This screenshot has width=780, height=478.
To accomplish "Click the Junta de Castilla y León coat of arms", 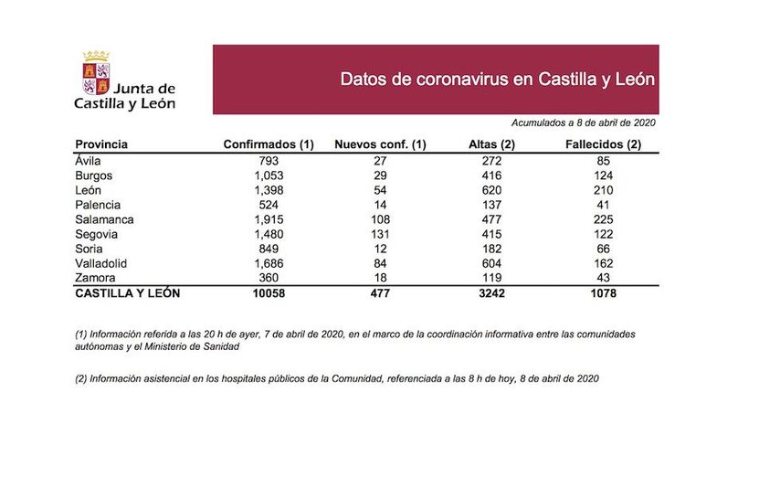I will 95,72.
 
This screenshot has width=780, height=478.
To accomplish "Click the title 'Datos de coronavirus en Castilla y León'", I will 497,79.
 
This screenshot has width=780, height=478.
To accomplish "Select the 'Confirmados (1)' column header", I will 269,144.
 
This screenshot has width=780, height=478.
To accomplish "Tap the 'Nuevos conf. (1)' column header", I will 380,144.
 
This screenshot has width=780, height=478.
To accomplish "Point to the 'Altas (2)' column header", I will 492,144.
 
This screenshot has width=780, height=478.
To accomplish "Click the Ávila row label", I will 90,161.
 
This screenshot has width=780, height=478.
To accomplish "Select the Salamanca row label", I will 104,219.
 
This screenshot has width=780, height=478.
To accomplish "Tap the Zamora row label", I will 95,277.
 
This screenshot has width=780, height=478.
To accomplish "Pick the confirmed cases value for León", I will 269,190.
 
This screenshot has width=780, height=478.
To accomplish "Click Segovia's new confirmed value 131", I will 380,234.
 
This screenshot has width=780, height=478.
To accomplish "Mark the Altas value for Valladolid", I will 492,262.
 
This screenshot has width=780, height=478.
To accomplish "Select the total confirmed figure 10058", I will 269,293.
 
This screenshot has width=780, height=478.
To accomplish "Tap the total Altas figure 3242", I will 492,293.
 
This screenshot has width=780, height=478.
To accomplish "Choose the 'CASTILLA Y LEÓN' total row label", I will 127,293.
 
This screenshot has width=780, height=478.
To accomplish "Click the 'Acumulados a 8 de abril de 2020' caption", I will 584,122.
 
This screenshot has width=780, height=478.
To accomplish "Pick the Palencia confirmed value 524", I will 269,205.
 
